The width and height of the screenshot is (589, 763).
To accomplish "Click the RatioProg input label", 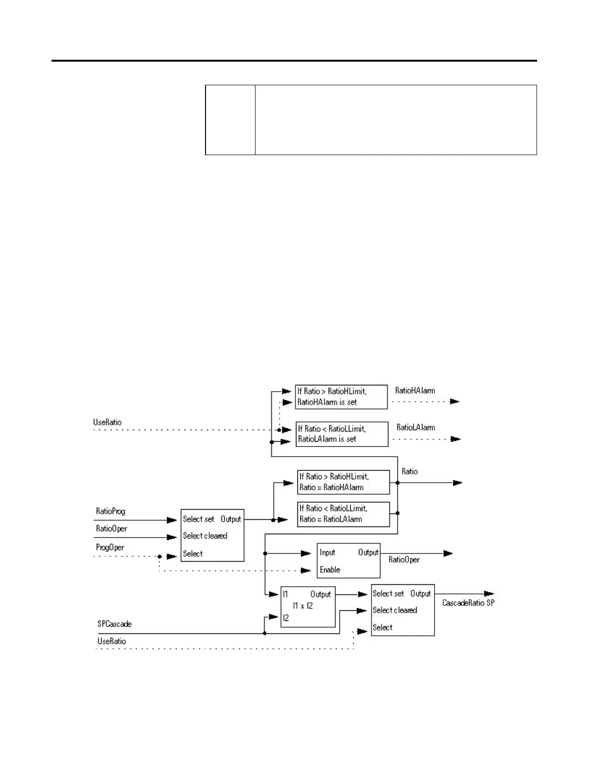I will tap(111, 511).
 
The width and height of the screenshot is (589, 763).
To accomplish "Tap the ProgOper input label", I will tap(110, 548).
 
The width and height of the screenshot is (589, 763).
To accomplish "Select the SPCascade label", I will tap(115, 624).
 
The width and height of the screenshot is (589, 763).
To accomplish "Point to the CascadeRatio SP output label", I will tap(468, 603).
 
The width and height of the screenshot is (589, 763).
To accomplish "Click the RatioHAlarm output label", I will tap(415, 391).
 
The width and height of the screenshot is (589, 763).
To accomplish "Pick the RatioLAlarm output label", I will tap(416, 427).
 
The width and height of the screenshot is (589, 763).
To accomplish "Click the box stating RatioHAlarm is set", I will tap(341, 397).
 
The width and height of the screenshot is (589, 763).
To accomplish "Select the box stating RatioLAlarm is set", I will tap(342, 434).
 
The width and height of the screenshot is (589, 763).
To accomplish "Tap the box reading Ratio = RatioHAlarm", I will tap(343, 482).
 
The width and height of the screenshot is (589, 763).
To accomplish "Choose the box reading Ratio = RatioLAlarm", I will tap(343, 514).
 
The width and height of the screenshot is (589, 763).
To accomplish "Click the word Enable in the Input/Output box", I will tap(330, 570).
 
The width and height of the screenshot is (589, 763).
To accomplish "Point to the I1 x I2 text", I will tap(303, 606).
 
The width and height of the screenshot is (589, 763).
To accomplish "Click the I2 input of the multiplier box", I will tap(286, 618).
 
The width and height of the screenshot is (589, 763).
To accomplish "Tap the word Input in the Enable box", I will tap(328, 553).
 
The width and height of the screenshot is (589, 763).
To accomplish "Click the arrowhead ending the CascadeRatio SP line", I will tap(489, 594).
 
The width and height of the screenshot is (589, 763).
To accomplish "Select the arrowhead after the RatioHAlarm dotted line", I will tap(455, 401).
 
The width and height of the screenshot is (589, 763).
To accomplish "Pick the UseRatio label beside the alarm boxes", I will tap(107, 422).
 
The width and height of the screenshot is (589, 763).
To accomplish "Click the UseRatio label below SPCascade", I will tap(112, 641).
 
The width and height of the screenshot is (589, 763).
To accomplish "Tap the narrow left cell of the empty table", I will tap(230, 120).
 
